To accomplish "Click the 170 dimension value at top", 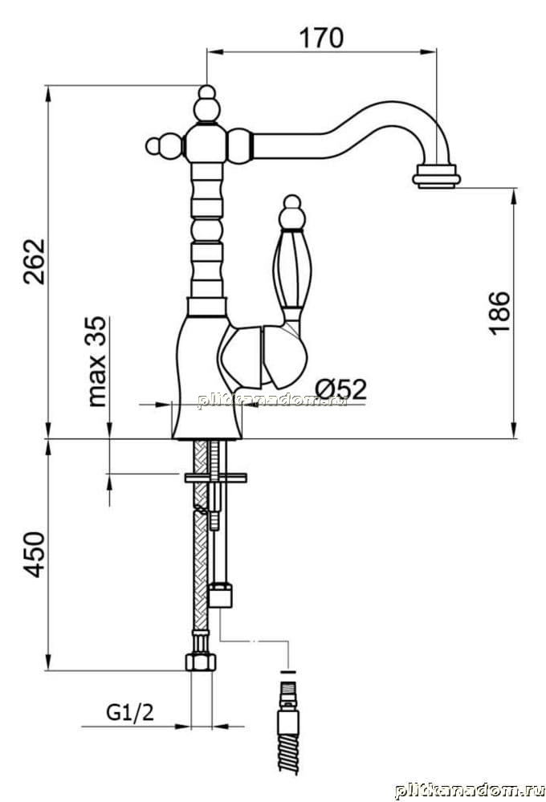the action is [321, 38].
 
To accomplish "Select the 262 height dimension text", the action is [35, 262].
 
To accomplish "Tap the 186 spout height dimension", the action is [499, 312].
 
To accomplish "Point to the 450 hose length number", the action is [35, 555].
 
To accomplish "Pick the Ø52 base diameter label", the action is [340, 389].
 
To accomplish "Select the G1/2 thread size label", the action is [130, 712].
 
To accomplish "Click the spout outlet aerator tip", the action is [437, 177].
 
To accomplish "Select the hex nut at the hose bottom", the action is [200, 662].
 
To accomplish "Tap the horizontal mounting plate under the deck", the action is [215, 478].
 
